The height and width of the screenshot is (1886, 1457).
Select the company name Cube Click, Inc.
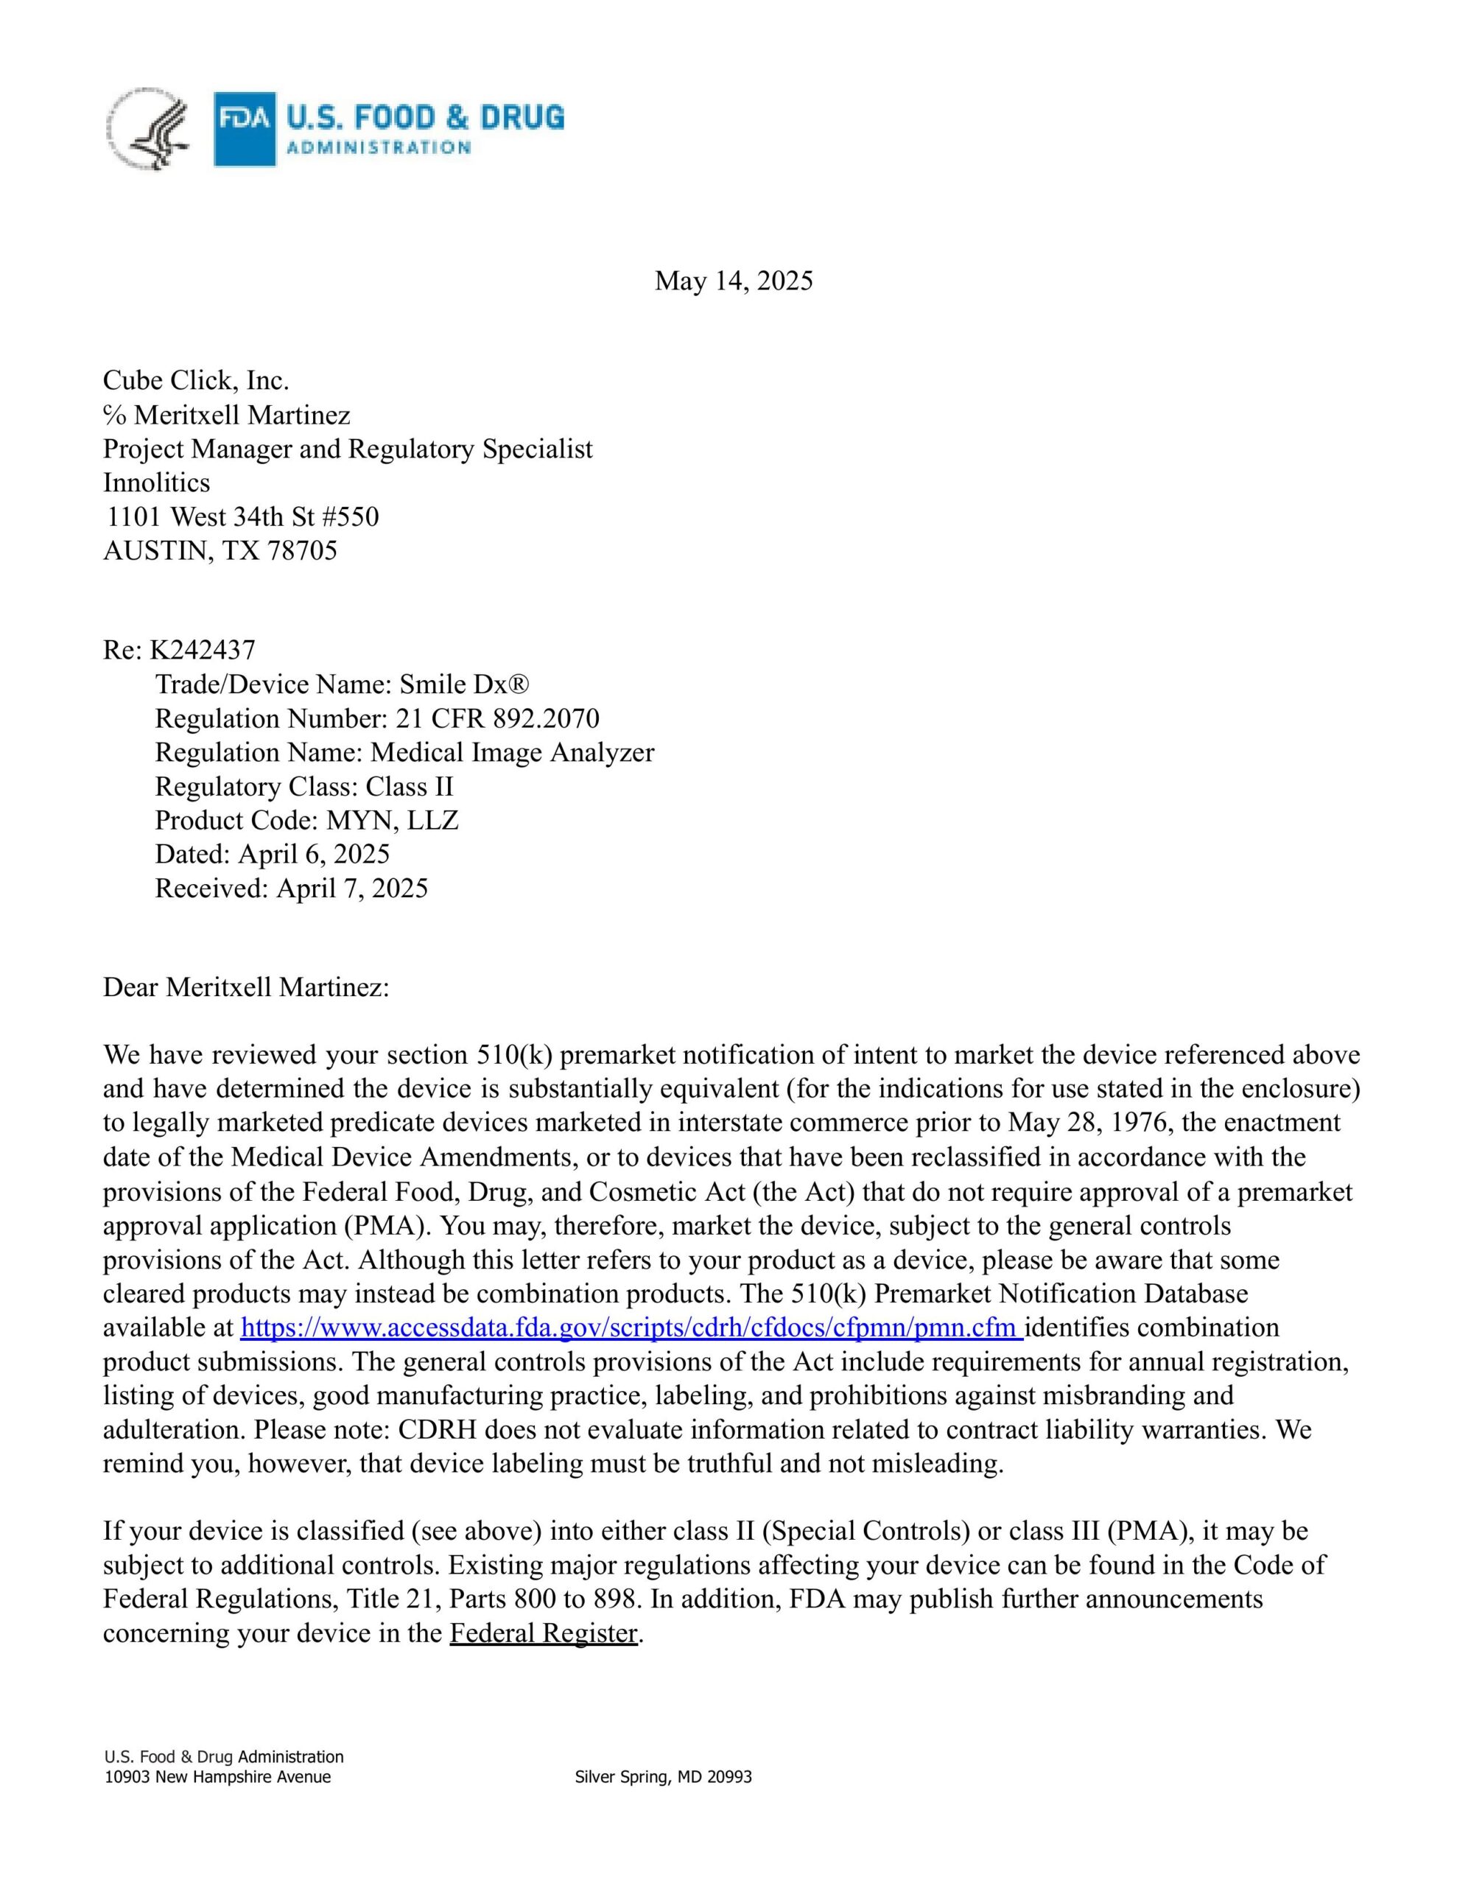point(196,380)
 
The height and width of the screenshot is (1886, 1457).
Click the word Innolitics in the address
point(156,482)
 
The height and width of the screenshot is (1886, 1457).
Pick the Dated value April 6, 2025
point(314,854)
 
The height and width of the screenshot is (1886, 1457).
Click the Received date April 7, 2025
point(351,888)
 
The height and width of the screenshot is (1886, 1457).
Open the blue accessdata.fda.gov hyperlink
point(631,1328)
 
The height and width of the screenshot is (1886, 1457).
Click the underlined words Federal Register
point(543,1633)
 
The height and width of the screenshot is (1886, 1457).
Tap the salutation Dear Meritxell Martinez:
point(246,987)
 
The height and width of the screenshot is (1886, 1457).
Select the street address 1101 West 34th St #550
point(242,516)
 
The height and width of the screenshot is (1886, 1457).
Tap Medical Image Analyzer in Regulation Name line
point(512,752)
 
